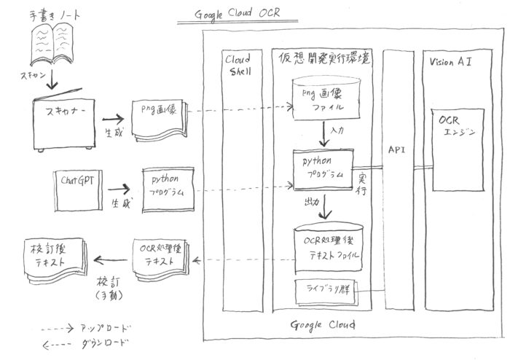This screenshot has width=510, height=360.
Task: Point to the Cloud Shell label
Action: click(x=237, y=66)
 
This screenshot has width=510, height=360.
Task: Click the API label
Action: click(x=397, y=149)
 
